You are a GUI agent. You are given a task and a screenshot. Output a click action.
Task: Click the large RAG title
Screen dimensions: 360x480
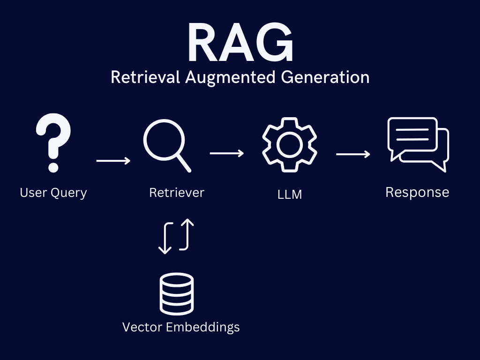coord(240,44)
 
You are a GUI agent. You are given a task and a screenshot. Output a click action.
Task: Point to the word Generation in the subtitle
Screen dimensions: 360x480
coord(325,77)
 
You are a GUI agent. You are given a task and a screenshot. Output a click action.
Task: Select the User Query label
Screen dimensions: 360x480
coord(53,193)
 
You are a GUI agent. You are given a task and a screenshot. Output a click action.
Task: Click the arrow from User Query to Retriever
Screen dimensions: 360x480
coord(113,161)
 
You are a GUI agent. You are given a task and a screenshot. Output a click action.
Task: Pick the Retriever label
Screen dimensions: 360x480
coord(177,192)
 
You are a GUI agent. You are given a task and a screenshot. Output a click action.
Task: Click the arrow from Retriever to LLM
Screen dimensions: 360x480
coord(226,153)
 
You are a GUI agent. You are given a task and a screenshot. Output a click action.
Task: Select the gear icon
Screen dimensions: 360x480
coord(289,142)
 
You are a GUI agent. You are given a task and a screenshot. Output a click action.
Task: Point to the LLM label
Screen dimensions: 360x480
coord(289,194)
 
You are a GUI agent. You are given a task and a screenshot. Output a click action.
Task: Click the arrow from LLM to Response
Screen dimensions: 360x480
coord(353,154)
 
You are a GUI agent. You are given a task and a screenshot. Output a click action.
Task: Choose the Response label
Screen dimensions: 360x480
coord(417,192)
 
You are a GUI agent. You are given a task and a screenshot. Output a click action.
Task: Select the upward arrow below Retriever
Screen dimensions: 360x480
coord(187,234)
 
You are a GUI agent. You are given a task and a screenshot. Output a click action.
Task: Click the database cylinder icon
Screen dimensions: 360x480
coord(176,293)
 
